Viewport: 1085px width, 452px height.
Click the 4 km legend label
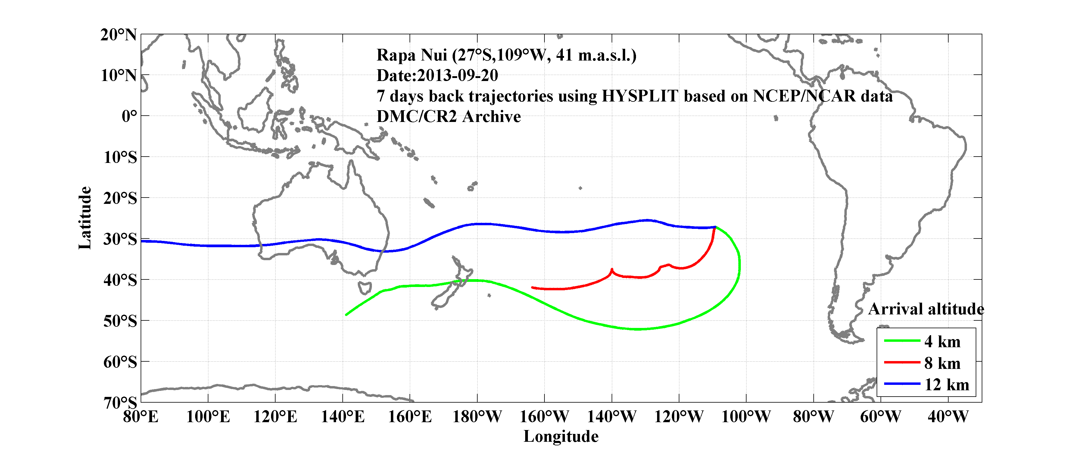tap(942, 341)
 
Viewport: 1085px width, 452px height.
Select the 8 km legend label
tap(942, 363)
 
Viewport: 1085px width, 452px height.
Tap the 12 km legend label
tap(946, 385)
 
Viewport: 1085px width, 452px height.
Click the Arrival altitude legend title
tap(926, 309)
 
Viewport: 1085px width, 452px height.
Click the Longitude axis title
tap(561, 436)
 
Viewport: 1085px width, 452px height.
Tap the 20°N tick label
tap(118, 35)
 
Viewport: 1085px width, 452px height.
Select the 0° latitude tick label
tap(129, 116)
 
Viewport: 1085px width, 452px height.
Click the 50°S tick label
tap(120, 321)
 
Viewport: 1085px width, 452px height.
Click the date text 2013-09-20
tap(457, 75)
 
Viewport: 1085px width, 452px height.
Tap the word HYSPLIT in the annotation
tap(639, 96)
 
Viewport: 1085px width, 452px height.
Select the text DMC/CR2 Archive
tap(449, 117)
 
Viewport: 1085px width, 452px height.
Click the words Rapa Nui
tap(412, 55)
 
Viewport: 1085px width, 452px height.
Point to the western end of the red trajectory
tap(532, 287)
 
